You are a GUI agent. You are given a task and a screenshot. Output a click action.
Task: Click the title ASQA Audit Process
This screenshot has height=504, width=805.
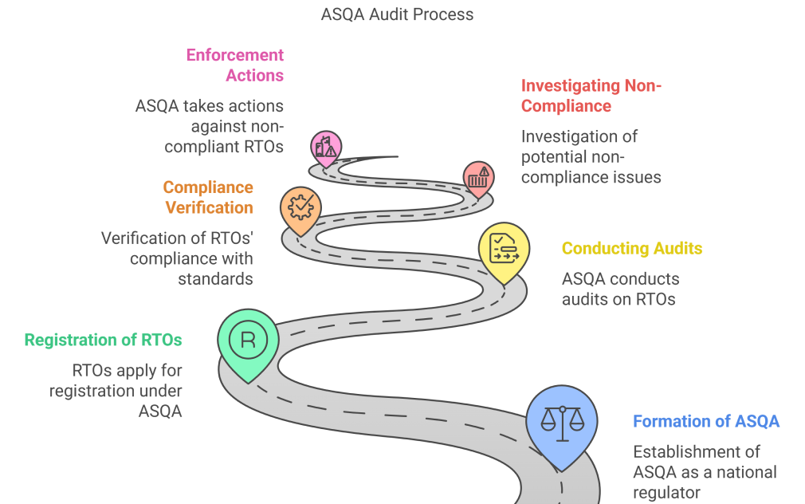tap(397, 14)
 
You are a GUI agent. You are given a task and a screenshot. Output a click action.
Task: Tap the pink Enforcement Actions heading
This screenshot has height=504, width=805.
tap(235, 65)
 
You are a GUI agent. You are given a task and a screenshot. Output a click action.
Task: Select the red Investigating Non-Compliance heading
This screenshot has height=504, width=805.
tap(591, 96)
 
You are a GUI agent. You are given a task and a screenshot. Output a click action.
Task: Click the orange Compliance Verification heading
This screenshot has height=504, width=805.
tap(208, 198)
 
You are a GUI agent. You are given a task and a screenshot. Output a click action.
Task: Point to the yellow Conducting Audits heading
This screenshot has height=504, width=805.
tap(632, 248)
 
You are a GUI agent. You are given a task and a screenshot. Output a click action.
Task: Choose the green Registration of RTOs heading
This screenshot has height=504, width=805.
tap(103, 340)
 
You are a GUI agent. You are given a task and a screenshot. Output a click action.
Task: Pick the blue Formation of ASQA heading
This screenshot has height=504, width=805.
tap(706, 421)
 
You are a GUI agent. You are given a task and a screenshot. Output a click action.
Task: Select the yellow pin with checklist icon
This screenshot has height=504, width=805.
tap(504, 249)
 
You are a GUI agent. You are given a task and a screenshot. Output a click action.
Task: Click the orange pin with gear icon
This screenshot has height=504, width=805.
tap(300, 207)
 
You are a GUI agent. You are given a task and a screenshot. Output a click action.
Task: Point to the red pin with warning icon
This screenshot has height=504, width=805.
tap(478, 176)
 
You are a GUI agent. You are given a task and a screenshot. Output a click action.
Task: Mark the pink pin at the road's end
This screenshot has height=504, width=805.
tap(327, 147)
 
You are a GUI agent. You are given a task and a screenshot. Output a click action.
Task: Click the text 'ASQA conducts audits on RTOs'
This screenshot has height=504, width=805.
tap(621, 289)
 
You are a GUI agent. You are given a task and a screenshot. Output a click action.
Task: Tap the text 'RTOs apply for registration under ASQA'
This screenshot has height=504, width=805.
tap(116, 391)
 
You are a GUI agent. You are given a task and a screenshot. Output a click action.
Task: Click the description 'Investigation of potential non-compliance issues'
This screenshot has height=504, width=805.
tap(591, 156)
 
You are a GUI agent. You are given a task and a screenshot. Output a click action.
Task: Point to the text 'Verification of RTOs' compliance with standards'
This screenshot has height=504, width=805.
tap(177, 258)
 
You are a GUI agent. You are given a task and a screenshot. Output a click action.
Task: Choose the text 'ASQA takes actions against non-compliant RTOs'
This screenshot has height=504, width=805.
tap(210, 126)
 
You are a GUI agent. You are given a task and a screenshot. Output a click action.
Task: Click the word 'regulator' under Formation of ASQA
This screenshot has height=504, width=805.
tap(667, 493)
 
